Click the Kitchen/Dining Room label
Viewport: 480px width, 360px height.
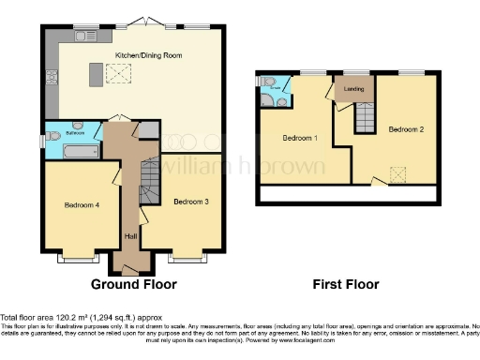148,55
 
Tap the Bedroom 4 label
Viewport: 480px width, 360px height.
82,204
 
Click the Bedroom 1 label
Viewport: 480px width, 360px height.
300,138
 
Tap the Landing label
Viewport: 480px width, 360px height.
354,90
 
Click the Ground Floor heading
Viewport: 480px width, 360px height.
133,283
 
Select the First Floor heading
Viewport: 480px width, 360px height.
347,283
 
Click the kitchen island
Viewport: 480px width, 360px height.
94,72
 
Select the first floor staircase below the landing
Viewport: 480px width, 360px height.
363,117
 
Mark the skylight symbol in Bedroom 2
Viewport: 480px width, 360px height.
397,172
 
